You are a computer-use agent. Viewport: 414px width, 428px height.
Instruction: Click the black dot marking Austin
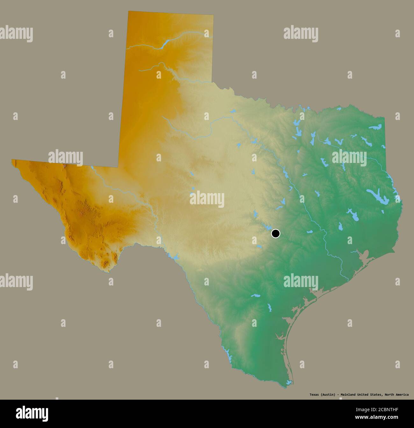(275, 234)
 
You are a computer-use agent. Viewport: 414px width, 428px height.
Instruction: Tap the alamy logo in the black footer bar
(32, 413)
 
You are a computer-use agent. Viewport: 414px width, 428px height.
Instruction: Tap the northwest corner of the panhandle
(128, 12)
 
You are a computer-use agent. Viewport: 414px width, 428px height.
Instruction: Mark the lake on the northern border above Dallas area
(297, 123)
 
